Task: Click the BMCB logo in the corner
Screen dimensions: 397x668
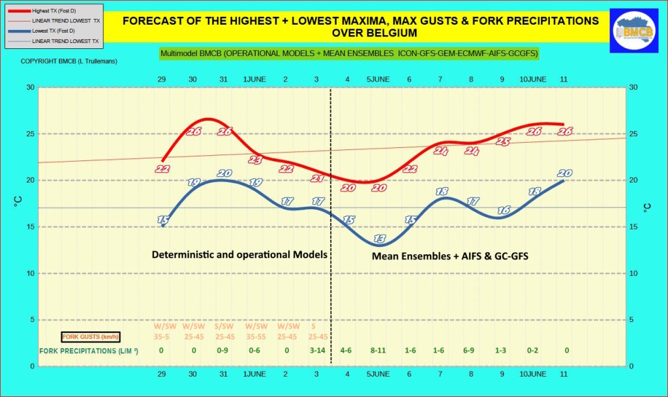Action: (x=633, y=30)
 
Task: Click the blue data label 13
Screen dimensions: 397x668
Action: (x=379, y=238)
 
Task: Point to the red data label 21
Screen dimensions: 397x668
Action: (x=317, y=179)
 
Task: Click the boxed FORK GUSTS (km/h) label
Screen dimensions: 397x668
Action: (x=91, y=337)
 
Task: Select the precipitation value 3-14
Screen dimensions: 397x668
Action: (x=317, y=351)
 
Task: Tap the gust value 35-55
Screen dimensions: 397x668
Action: (x=255, y=337)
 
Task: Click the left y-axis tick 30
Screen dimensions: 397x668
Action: (x=29, y=87)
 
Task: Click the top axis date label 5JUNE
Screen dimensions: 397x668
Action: (x=378, y=79)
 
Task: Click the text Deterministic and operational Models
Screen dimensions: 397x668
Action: (x=239, y=254)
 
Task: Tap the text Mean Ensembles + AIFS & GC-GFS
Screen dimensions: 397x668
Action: (x=449, y=256)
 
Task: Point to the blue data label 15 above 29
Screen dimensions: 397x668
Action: (x=163, y=221)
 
